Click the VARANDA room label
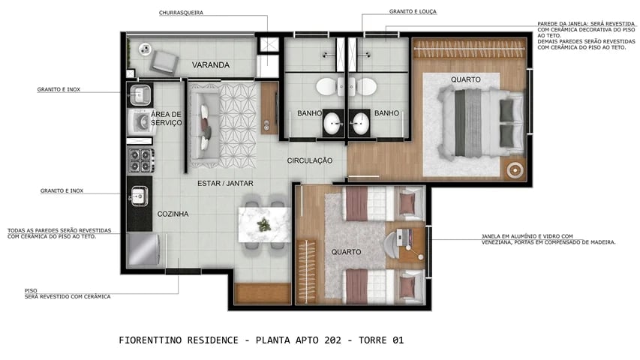pos(210,65)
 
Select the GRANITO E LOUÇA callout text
pos(413,12)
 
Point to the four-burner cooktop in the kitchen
pos(140,160)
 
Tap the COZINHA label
pos(173,214)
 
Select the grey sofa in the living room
pos(203,124)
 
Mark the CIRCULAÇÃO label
pos(309,161)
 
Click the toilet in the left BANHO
pos(327,86)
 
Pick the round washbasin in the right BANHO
pos(362,124)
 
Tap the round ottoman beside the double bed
pos(515,169)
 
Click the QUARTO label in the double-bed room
pos(465,79)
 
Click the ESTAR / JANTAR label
pos(225,184)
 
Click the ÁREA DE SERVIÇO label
pos(166,118)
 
